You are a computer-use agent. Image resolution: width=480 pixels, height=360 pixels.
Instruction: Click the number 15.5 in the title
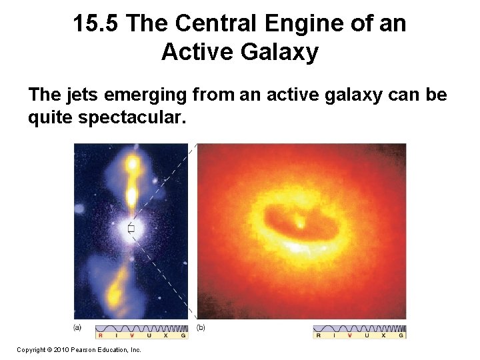pos(96,25)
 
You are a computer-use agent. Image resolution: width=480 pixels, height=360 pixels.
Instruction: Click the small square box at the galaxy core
pos(131,229)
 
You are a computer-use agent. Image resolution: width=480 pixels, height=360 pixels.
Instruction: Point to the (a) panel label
pos(78,327)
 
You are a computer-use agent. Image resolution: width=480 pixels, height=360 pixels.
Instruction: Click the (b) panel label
pos(201,327)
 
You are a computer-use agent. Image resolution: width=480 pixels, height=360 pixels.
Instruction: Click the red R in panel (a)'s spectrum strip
pos(101,335)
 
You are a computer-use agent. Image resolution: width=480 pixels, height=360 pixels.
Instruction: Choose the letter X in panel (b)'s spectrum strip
pos(383,335)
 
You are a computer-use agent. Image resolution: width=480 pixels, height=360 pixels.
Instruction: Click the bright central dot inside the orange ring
pos(299,219)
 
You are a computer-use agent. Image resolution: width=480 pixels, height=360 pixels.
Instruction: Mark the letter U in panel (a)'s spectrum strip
pos(149,335)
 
